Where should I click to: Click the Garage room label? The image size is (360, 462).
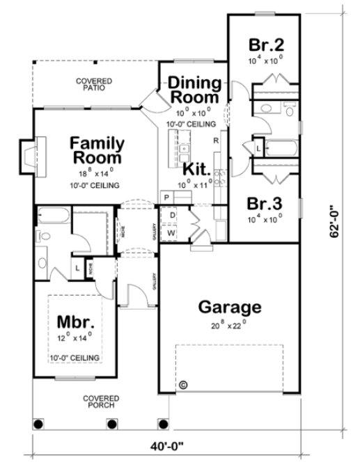(229, 306)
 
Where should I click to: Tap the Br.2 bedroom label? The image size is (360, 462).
(265, 45)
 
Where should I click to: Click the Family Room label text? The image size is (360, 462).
(97, 150)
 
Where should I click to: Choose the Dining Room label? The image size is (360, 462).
(196, 90)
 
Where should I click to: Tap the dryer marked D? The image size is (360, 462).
(171, 216)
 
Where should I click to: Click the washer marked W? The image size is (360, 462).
(171, 233)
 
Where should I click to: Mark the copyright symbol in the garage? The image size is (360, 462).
(183, 384)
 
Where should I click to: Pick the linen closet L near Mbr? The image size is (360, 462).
(77, 266)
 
